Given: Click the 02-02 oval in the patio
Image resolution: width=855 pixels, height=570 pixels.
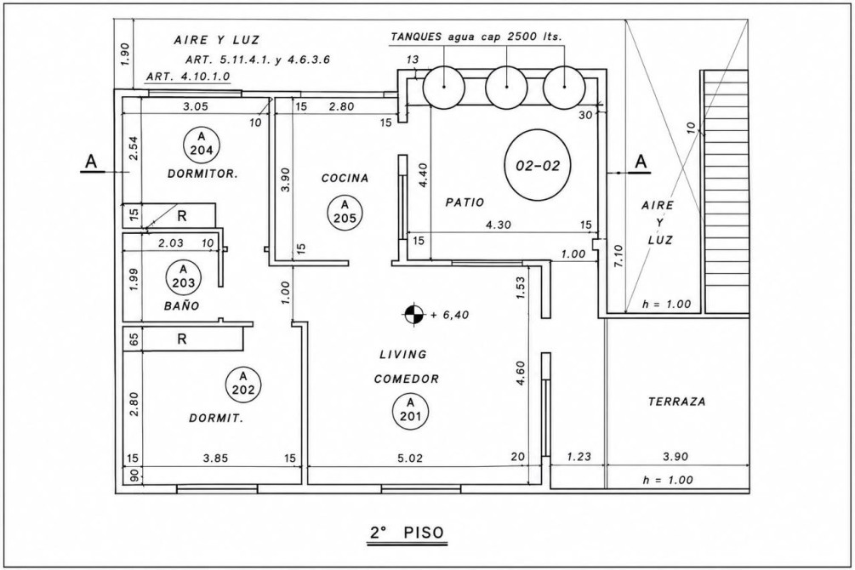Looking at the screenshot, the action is pos(538,165).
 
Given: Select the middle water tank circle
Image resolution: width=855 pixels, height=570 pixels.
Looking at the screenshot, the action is pos(506,86).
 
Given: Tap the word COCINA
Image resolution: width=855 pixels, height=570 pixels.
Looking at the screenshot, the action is pos(345,179).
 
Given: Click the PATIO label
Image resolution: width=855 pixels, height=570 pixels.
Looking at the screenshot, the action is pos(465,202).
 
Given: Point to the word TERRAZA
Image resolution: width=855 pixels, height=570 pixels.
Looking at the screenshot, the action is pos(676,402).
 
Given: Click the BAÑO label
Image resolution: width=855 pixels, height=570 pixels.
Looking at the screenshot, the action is pos(182,306).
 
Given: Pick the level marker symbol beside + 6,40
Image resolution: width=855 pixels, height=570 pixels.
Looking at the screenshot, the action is pos(413,314).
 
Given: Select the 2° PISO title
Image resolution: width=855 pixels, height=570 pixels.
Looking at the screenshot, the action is pos(408,533).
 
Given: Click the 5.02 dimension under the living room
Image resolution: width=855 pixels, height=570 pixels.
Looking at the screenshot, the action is pos(410,459).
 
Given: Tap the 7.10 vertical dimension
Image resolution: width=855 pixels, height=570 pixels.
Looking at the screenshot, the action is pos(621,256).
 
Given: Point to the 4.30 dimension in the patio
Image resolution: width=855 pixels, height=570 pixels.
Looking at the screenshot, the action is pos(499,225).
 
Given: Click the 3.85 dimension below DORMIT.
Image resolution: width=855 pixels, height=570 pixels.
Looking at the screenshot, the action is pos(215,459).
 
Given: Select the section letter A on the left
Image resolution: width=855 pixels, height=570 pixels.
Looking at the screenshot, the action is pos(91,162).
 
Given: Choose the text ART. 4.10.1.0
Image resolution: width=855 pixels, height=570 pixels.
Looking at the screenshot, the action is pos(188,77).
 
